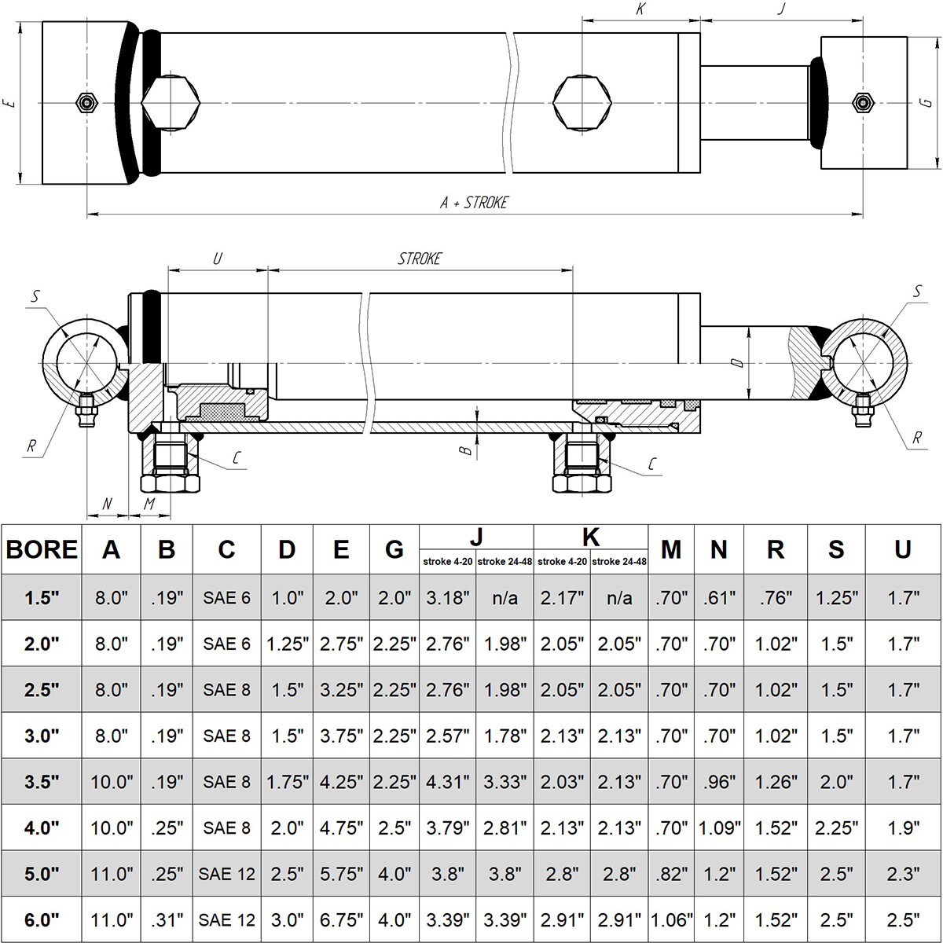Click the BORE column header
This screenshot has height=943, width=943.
(x=42, y=549)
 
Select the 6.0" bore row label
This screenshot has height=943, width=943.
(x=42, y=919)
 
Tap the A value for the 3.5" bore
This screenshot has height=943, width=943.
(x=111, y=782)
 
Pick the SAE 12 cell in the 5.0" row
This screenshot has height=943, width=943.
(x=226, y=874)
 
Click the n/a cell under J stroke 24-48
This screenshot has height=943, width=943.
(x=505, y=598)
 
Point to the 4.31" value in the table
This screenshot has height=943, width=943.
(x=447, y=782)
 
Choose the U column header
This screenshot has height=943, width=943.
(x=902, y=549)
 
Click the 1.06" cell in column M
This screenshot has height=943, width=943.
(x=671, y=919)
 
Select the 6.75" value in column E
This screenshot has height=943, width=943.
(x=341, y=919)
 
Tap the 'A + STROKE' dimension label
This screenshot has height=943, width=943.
(x=474, y=203)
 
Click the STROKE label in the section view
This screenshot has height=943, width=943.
(x=420, y=259)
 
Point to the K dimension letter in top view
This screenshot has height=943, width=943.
(x=640, y=10)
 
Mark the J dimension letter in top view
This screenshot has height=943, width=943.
(x=780, y=10)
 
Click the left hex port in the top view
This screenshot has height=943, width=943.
(x=170, y=103)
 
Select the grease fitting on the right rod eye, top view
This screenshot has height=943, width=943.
(x=863, y=103)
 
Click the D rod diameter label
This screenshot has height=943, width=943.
(x=736, y=363)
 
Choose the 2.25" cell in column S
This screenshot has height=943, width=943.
(x=836, y=827)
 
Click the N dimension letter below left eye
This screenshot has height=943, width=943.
(x=108, y=504)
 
